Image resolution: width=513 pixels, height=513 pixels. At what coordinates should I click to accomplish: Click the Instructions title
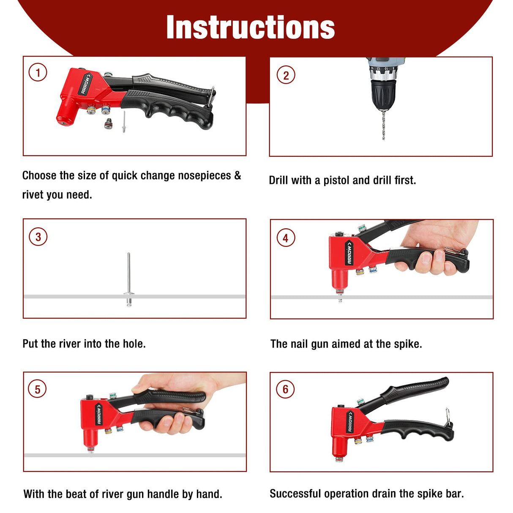point(250,27)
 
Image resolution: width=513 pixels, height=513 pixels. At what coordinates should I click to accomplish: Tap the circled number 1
point(38,72)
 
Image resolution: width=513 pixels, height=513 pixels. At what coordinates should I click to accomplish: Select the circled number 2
point(286,75)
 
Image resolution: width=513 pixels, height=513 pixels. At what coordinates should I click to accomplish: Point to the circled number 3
point(38,237)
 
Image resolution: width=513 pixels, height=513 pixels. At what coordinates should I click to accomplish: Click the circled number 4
point(286,238)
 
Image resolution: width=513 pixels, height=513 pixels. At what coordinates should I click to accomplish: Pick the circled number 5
point(38,389)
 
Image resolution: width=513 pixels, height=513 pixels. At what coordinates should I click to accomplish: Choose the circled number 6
point(285,389)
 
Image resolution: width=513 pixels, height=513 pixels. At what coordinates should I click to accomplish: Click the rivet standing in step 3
point(128,279)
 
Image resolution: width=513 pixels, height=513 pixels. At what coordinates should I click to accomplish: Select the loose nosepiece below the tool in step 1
point(109,123)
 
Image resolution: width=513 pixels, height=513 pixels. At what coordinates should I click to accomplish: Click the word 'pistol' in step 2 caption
point(336,180)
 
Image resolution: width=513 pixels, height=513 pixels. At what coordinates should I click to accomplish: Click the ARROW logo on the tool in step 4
point(349,253)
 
